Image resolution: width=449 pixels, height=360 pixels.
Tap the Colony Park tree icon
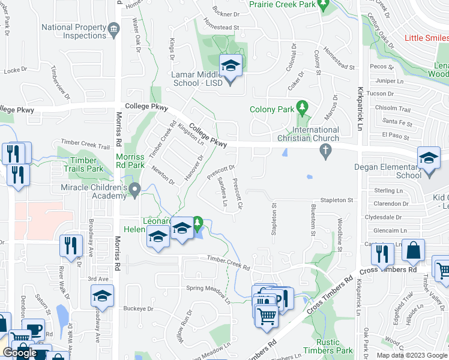tap(303, 109)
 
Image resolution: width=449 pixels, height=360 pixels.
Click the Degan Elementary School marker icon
tap(429, 158)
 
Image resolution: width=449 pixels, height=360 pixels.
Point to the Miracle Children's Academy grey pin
tap(136, 190)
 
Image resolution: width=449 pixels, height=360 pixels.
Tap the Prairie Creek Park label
tap(282, 4)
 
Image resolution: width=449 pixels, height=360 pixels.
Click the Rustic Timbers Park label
tap(335, 346)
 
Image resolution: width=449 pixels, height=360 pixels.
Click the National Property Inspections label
tap(74, 32)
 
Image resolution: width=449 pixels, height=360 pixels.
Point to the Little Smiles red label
tap(427, 38)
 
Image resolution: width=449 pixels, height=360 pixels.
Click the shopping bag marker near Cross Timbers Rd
tap(414, 251)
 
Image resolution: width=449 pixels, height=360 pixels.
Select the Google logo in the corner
tap(19, 353)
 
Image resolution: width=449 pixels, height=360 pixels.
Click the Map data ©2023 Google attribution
tap(411, 355)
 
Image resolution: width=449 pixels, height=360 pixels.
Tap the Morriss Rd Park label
tap(129, 161)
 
